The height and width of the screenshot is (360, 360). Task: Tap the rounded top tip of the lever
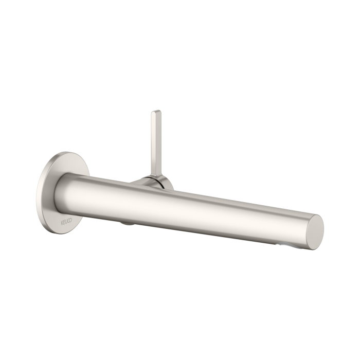155,111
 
